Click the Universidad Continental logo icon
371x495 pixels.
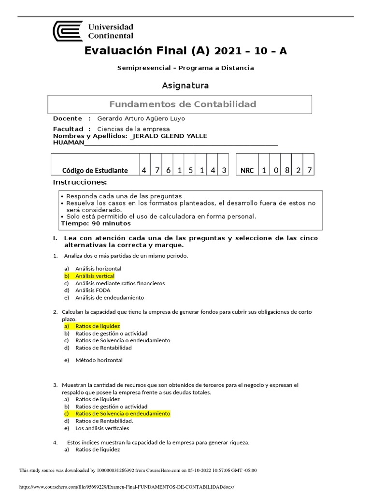[67, 30]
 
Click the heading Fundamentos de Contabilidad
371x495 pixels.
[183, 104]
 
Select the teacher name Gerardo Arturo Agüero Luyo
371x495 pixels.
[141, 118]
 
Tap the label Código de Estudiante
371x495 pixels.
[95, 171]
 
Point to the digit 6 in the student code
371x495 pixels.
[167, 170]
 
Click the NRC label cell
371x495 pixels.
[247, 171]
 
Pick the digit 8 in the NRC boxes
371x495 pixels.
[287, 170]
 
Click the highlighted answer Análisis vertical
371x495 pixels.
[95, 276]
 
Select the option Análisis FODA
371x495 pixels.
[92, 291]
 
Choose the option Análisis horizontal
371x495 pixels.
[98, 268]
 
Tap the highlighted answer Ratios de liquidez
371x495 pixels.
[97, 326]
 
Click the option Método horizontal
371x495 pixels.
[99, 360]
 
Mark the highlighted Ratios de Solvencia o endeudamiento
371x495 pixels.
[123, 414]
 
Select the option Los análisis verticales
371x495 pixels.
[102, 428]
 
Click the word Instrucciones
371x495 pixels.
[79, 182]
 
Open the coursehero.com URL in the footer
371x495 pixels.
[129, 487]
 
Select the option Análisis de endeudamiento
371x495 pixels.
[110, 298]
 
